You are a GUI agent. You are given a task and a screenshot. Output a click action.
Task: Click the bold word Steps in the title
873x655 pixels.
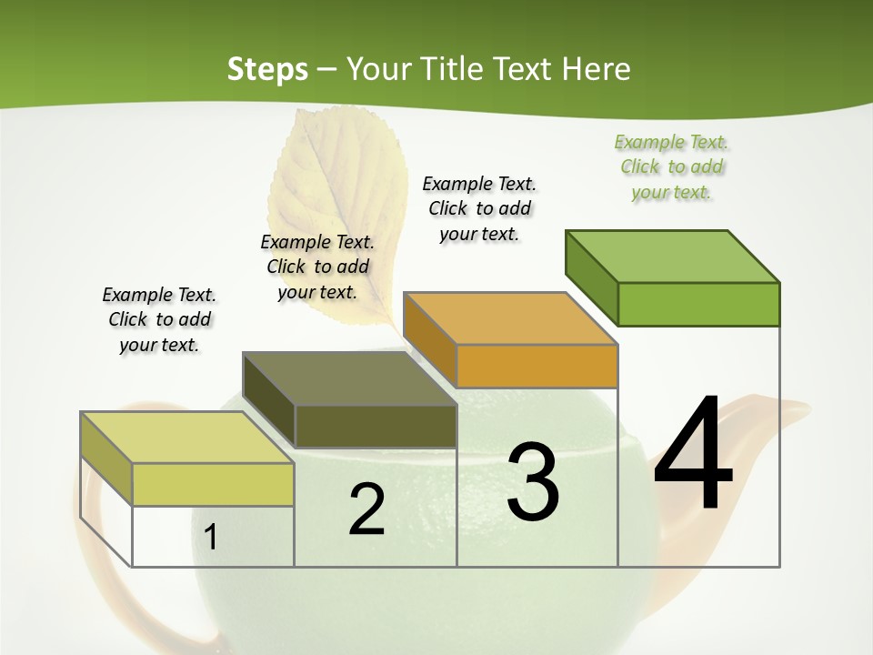pyautogui.click(x=267, y=69)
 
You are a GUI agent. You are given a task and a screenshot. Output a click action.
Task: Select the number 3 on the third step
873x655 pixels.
pyautogui.click(x=533, y=482)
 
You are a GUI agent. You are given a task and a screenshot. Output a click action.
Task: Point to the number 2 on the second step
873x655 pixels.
pyautogui.click(x=366, y=509)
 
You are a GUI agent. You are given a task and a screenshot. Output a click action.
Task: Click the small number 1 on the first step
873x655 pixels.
pyautogui.click(x=210, y=538)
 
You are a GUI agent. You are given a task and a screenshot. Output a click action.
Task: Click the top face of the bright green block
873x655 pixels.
pyautogui.click(x=671, y=256)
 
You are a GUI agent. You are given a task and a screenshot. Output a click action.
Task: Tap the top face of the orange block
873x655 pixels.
pyautogui.click(x=509, y=318)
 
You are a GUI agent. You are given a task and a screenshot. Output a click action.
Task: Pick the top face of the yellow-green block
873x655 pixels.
pyautogui.click(x=187, y=438)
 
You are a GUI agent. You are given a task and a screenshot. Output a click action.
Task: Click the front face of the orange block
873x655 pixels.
pyautogui.click(x=537, y=366)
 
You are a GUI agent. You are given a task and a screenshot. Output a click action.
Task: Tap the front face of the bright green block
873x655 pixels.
pyautogui.click(x=698, y=304)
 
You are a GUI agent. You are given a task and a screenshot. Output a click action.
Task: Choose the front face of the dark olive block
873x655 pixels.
pyautogui.click(x=376, y=426)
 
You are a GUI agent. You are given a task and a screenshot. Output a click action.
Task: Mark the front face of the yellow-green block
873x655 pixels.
pyautogui.click(x=213, y=484)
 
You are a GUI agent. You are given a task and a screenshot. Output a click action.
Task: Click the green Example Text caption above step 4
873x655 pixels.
pyautogui.click(x=671, y=167)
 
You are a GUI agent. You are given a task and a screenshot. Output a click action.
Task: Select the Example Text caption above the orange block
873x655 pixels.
pyautogui.click(x=479, y=208)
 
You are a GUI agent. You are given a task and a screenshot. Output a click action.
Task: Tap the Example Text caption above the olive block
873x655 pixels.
pyautogui.click(x=317, y=267)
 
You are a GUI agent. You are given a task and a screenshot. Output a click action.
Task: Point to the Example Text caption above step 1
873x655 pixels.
pyautogui.click(x=159, y=319)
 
